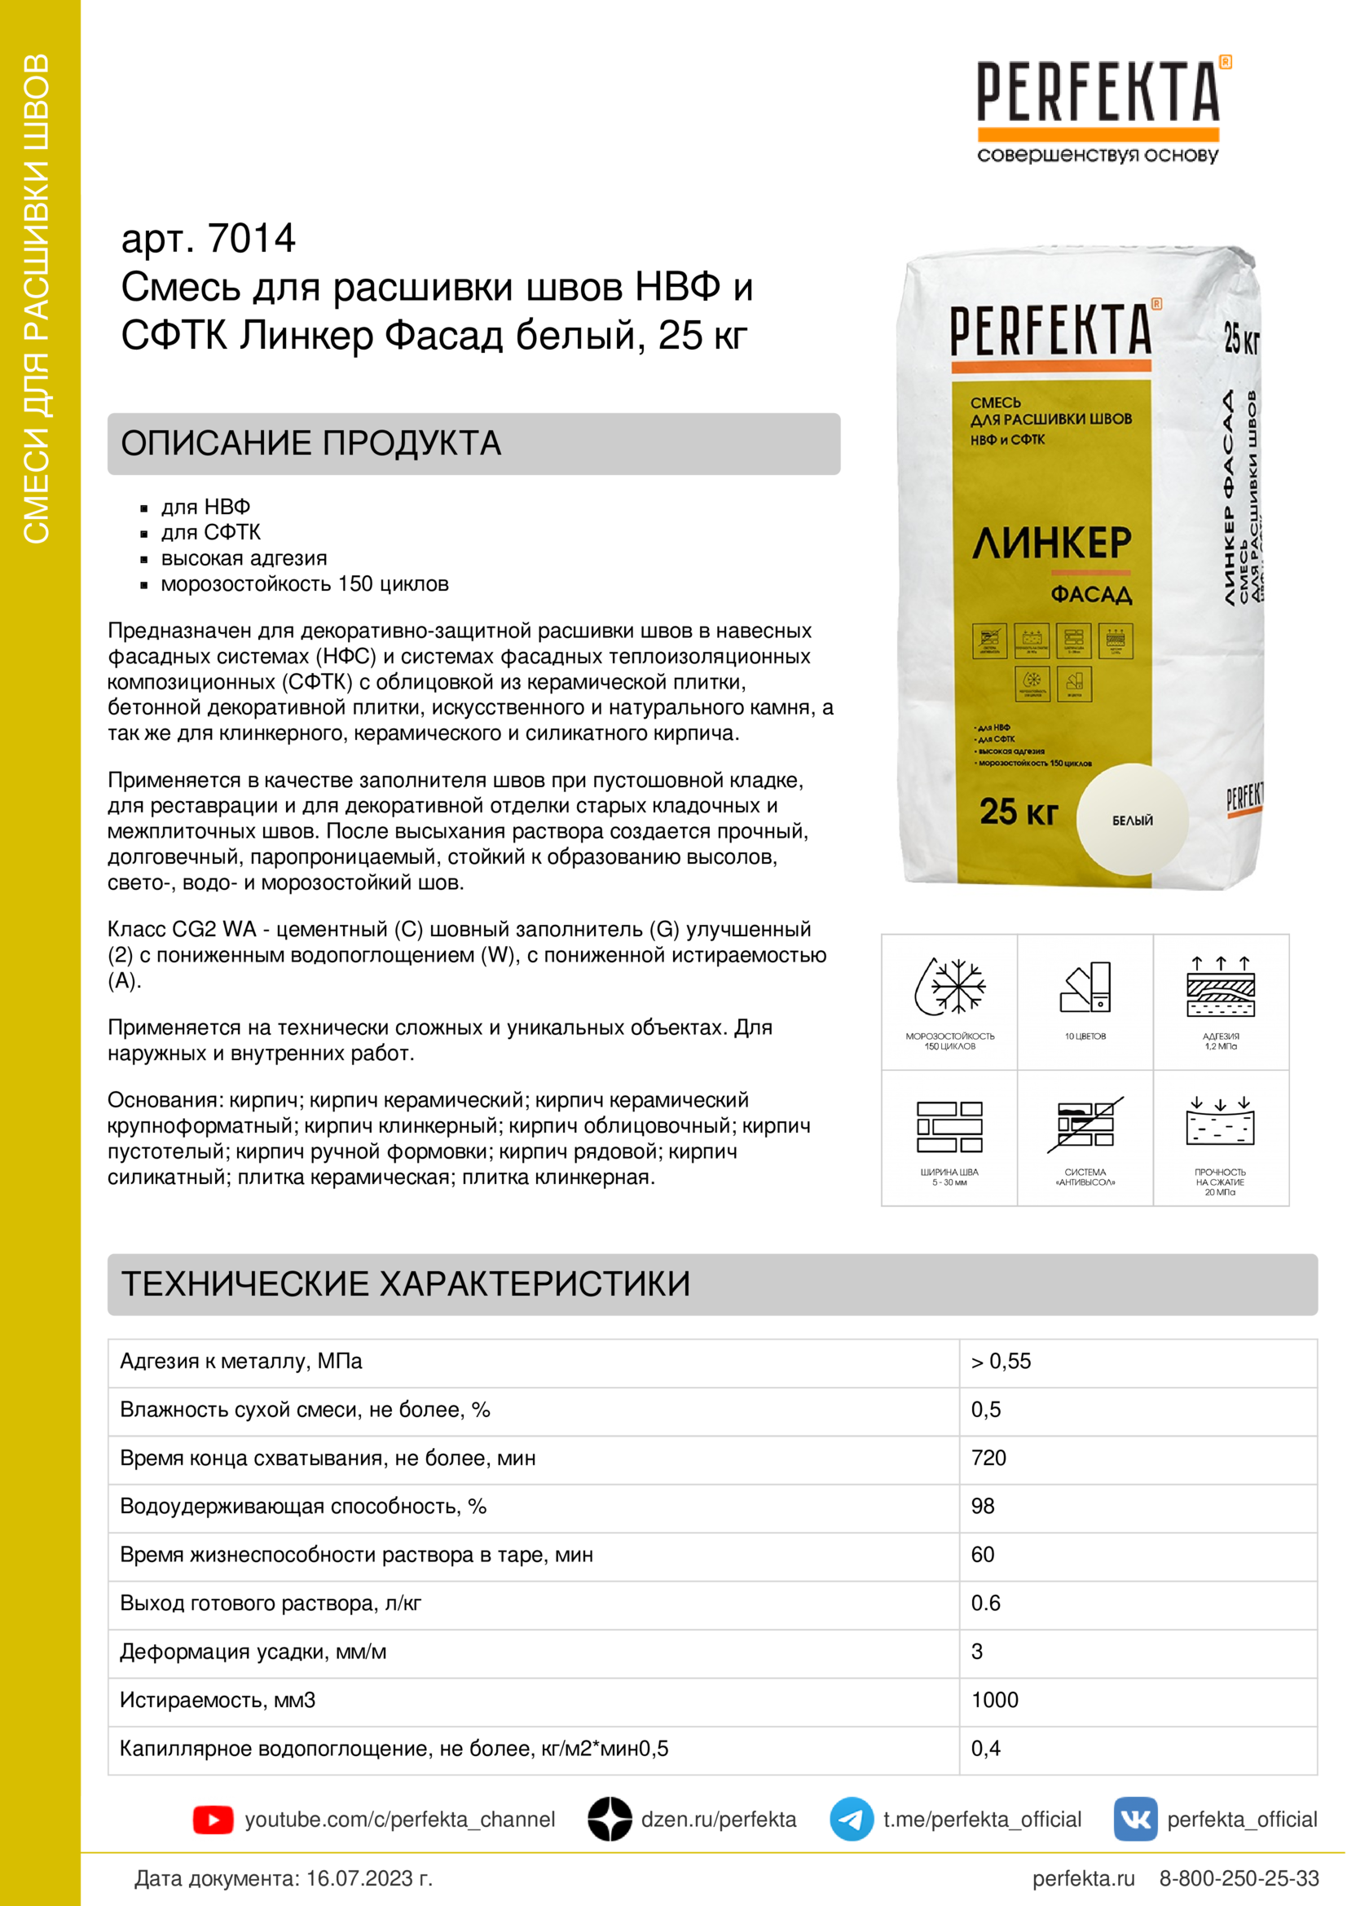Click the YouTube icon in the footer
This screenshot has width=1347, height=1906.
(x=213, y=1820)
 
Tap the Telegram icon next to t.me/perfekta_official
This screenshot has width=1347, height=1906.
(x=851, y=1820)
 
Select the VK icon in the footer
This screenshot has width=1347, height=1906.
(x=1134, y=1820)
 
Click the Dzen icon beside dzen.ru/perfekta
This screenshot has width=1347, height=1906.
(x=610, y=1820)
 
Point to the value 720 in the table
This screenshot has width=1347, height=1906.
(x=988, y=1458)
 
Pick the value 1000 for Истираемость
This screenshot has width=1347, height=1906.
(x=994, y=1699)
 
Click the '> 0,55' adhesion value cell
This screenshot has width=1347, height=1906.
(x=1001, y=1362)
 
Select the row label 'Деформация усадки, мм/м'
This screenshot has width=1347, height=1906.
(x=253, y=1651)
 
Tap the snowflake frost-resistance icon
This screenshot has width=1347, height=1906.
(x=951, y=987)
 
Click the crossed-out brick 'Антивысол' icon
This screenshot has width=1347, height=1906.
(x=1085, y=1125)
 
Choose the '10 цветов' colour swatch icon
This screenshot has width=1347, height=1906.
(x=1085, y=987)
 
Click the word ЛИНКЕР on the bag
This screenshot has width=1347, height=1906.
(x=1051, y=544)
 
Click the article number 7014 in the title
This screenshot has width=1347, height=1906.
(x=252, y=239)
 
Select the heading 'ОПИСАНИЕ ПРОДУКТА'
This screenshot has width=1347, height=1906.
(x=311, y=443)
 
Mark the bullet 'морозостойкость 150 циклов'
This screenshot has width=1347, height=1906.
(x=305, y=583)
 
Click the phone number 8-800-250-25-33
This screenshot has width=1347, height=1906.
(x=1239, y=1877)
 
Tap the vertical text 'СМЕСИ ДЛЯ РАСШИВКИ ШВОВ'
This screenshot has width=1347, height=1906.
(x=37, y=299)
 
